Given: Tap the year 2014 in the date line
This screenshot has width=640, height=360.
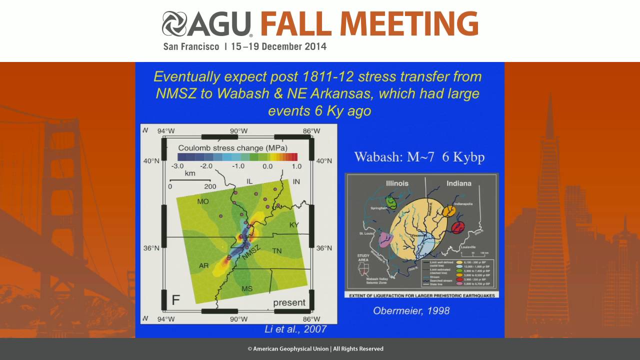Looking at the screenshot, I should point(316,46).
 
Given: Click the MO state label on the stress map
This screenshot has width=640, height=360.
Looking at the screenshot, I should point(202,201).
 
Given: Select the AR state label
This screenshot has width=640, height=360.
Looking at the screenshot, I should point(203,265).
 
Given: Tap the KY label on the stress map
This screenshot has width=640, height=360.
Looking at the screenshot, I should point(294,225).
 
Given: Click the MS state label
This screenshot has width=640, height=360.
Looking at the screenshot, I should point(247,289).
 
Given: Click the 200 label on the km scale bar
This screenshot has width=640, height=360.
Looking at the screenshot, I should point(210,186).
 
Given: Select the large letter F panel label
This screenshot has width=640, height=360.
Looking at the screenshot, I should point(176,300).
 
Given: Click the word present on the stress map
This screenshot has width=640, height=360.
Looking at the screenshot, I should point(289,302).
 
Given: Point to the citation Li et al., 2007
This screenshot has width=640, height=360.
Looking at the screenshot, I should point(295,329).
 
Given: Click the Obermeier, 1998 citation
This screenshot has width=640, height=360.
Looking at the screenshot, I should point(411,310).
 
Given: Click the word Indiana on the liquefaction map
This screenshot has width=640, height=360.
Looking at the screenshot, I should point(458,183).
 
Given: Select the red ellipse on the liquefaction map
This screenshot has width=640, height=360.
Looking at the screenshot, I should point(457,227).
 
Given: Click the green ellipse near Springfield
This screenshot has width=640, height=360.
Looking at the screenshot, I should point(392,202).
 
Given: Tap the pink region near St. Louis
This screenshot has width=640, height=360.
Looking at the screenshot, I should point(385,239).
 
